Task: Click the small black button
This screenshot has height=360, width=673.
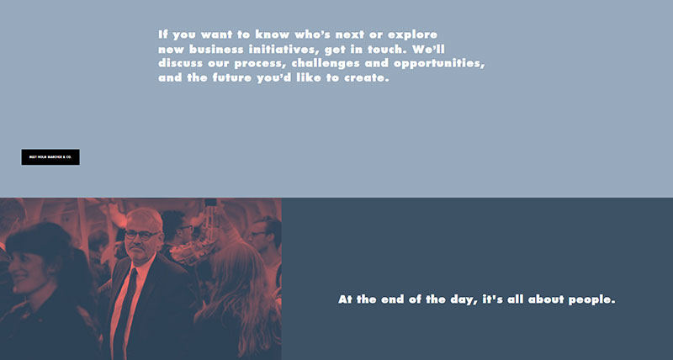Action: [x=50, y=157]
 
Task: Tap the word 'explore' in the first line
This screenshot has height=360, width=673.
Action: [x=412, y=34]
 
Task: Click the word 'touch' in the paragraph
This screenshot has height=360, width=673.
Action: [x=379, y=50]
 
